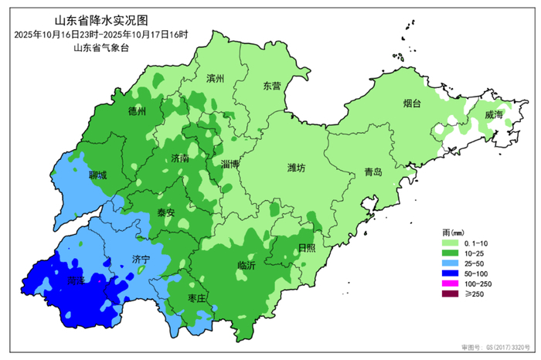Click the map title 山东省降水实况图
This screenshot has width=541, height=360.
(100, 21)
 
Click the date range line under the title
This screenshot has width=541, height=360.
(100, 35)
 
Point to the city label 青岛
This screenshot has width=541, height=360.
(373, 172)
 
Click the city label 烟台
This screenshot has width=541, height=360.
(412, 103)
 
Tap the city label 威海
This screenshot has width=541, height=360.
(493, 114)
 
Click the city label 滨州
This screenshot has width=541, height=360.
(215, 79)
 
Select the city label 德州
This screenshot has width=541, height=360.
(137, 111)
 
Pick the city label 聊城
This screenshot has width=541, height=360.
(98, 175)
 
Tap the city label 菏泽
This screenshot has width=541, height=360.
(76, 283)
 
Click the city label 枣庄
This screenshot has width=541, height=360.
(197, 298)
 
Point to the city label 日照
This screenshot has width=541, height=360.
(307, 247)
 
